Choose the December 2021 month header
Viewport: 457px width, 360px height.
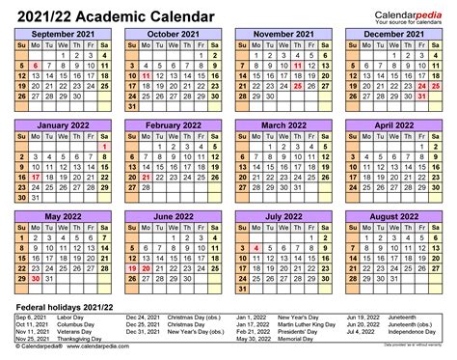click(x=395, y=34)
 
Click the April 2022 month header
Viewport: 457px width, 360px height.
click(x=395, y=125)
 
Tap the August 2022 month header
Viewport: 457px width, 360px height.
click(x=395, y=217)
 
